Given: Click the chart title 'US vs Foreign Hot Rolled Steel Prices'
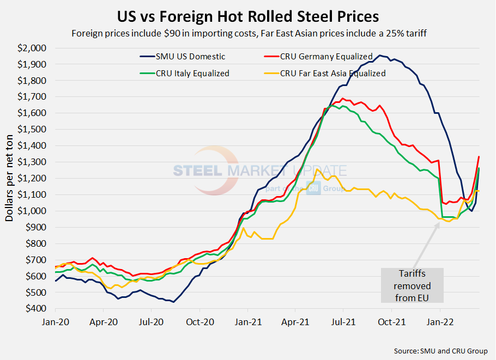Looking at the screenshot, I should pos(248,15).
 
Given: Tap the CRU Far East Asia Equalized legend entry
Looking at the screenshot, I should pos(332,73).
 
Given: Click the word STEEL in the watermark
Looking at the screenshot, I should pos(197,171).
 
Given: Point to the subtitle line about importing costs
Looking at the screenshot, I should pos(248,33).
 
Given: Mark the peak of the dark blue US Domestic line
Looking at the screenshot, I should pos(380,56).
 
